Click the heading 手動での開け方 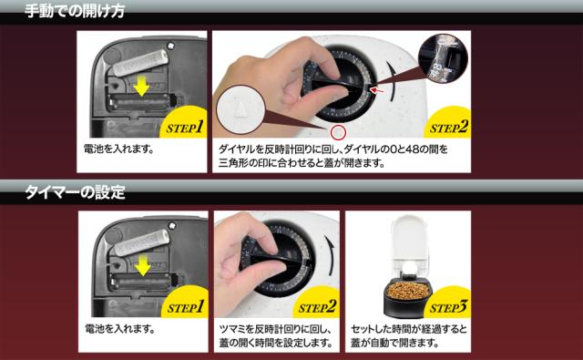coord(75,11)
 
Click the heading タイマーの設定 coord(75,192)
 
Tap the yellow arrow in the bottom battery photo coord(143,265)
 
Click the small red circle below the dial coord(338,132)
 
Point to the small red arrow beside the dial coord(377,90)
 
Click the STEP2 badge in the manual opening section coord(449,128)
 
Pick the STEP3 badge coord(448,307)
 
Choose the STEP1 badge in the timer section coord(186,307)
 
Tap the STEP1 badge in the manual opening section coord(185,128)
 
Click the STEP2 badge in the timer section coord(317,307)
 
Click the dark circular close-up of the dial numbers coord(443,58)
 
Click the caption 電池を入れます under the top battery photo coord(119,149)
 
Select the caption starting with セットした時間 coord(409,335)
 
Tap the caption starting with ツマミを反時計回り coord(275,335)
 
